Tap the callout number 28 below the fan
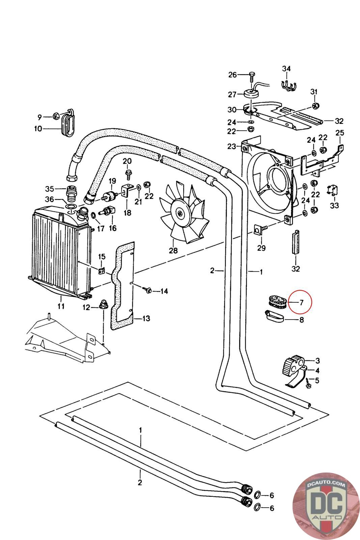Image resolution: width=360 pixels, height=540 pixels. tap(173, 250)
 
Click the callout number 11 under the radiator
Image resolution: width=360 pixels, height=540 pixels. tap(61, 306)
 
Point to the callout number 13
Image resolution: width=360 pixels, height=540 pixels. tap(146, 318)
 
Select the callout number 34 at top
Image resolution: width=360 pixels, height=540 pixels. tap(286, 69)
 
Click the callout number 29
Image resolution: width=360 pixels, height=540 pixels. tap(261, 248)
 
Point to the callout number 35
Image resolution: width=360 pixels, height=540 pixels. tap(50, 188)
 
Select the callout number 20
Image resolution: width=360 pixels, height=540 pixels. tap(127, 161)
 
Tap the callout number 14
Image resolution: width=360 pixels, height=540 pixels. tap(164, 291)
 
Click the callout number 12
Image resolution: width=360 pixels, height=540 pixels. tap(86, 307)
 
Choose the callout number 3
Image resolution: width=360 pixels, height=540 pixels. tap(317, 361)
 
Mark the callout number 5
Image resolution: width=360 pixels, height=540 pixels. tap(317, 380)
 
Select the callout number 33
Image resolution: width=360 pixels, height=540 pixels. tap(335, 205)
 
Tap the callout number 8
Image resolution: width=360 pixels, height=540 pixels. tap(301, 319)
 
